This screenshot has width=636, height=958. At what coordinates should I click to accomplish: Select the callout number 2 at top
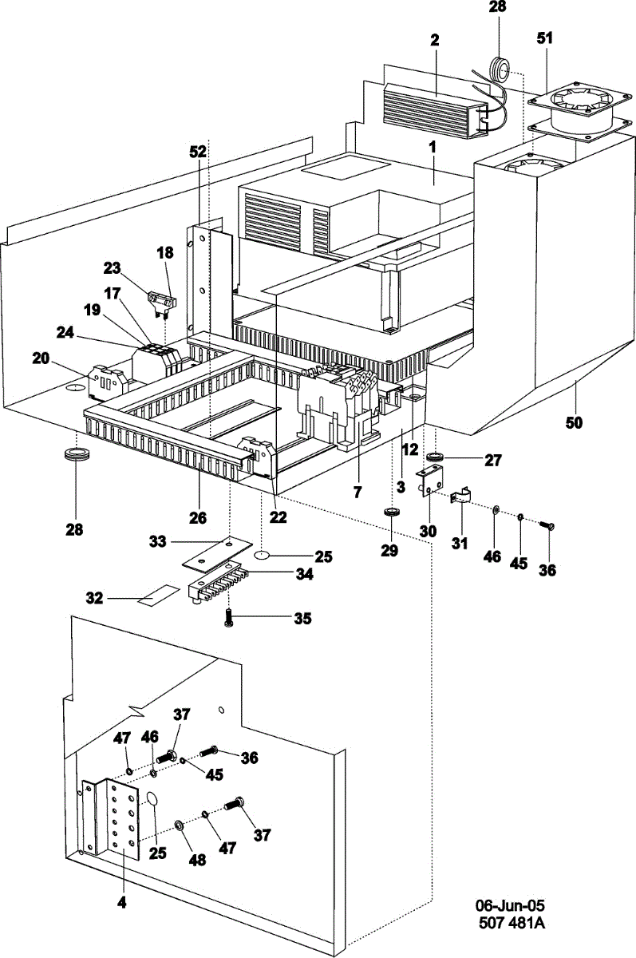click(435, 42)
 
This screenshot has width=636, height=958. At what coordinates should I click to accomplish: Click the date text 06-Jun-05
click(510, 905)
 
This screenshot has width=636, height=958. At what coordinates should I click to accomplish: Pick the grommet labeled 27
click(436, 458)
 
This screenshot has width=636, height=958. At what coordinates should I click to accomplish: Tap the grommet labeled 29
click(391, 512)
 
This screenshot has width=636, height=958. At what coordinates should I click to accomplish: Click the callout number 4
click(122, 904)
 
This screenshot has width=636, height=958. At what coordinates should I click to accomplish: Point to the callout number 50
click(575, 422)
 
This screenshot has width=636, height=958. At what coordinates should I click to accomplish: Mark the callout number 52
click(198, 150)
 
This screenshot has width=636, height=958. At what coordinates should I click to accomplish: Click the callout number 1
click(432, 148)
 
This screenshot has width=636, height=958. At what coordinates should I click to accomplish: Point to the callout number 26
click(198, 517)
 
